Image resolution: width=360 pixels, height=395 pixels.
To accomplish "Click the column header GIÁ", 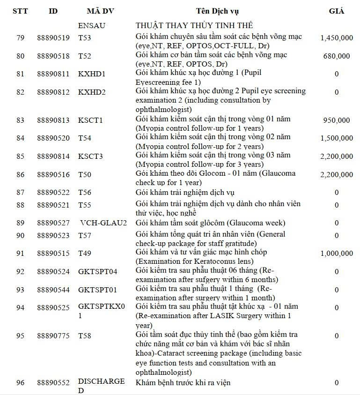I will [336, 11].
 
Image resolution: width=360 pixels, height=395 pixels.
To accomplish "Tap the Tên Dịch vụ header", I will [219, 11].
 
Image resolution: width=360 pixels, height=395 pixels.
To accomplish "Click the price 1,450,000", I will [337, 38].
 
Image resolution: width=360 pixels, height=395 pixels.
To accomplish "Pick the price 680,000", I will [336, 56].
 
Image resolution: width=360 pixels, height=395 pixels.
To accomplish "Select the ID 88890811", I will [53, 74].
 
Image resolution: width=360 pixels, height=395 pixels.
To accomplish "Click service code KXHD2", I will [92, 92].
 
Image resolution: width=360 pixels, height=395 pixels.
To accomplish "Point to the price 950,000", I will [336, 120].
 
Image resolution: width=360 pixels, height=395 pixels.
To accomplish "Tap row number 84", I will [20, 138].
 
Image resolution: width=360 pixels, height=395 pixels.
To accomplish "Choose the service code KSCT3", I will [90, 156].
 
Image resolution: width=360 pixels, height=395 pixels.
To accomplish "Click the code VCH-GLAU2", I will [103, 223].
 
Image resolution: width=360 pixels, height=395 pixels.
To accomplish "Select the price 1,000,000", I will [337, 253].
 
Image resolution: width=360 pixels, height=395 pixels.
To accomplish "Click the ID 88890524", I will [53, 271].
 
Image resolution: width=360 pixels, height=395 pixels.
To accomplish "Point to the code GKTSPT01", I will [97, 290].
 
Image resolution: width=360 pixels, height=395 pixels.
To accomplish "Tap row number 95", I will [20, 336].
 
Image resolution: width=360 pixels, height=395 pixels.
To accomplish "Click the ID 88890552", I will [53, 383].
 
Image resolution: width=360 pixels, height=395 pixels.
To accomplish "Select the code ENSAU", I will [92, 25].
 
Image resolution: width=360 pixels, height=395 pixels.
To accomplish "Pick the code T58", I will [85, 336].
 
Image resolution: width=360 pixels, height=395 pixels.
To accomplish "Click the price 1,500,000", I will [337, 138].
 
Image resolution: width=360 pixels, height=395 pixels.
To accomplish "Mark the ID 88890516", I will [53, 175].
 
